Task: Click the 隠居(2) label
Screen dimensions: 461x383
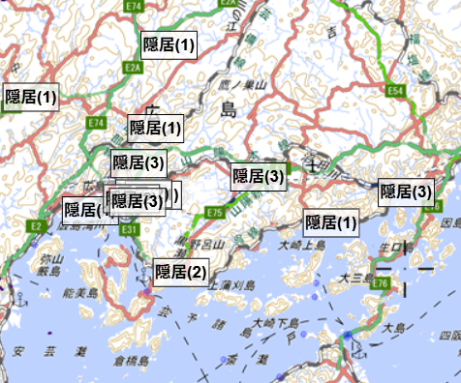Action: coord(181,272)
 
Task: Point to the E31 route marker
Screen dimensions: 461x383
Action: coord(130,229)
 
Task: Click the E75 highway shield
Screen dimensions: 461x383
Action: coord(215,212)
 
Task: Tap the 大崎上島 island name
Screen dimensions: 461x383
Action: coord(301,246)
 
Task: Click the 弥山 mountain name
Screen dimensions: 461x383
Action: coord(50,259)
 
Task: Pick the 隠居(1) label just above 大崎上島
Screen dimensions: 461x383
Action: coord(332,222)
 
